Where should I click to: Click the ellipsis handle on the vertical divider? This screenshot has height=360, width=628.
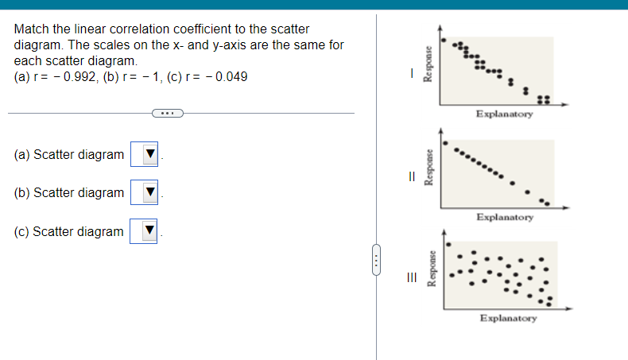[x=377, y=259]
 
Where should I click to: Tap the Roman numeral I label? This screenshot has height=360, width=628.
[x=411, y=73]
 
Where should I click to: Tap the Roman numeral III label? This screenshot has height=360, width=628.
[x=411, y=277]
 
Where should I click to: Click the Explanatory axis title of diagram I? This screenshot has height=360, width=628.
[x=505, y=114]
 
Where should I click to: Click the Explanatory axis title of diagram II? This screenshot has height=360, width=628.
[x=505, y=216]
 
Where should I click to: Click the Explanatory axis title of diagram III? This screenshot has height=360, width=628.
[x=508, y=318]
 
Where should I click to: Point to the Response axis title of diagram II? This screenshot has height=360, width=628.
[x=428, y=168]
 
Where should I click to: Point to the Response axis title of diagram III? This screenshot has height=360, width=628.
[x=432, y=270]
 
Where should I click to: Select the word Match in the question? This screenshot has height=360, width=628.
[x=32, y=29]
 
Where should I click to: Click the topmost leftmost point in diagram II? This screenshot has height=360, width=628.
[x=445, y=145]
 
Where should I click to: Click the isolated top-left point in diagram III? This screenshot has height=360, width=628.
[x=448, y=245]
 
